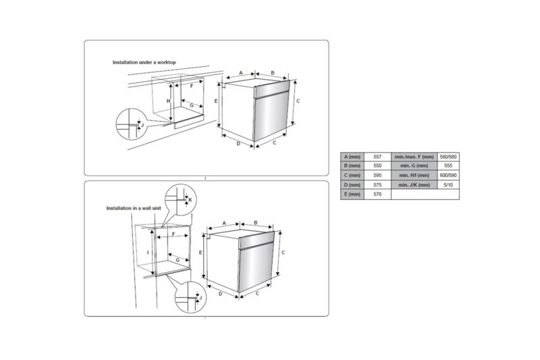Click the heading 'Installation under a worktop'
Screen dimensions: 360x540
144,62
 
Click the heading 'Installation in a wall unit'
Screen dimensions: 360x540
134,208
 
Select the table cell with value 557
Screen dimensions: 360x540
377,156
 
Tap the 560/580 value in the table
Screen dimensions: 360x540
448,156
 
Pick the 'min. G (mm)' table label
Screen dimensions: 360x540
414,165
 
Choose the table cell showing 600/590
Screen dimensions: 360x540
448,175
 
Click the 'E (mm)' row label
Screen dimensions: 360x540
353,194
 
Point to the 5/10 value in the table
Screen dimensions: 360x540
448,184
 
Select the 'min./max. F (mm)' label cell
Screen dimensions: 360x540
414,156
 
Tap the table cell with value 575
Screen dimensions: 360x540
377,184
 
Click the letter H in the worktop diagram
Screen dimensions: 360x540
169,101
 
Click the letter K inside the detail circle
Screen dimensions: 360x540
190,200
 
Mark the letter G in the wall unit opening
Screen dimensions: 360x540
177,259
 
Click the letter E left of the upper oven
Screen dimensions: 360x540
215,100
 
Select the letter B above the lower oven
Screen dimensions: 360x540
255,222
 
